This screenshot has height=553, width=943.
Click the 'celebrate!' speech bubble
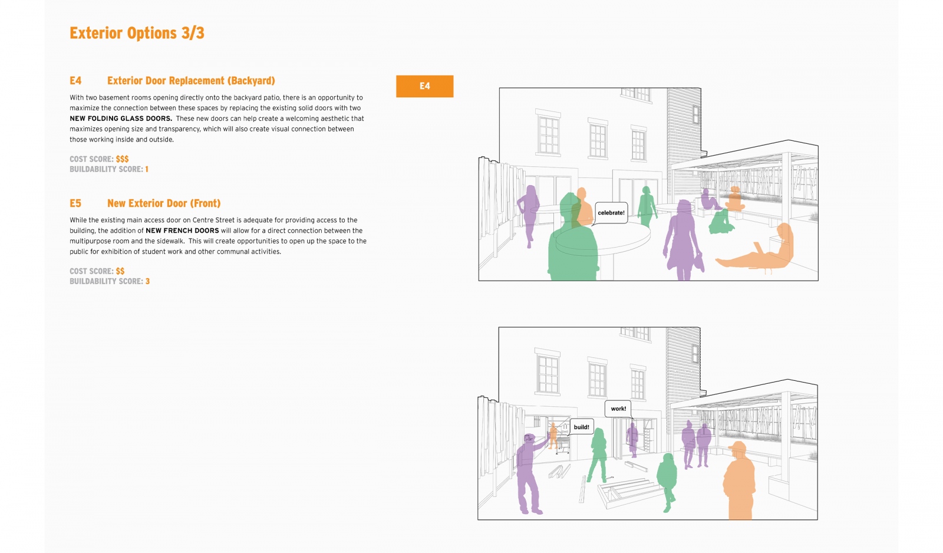pyautogui.click(x=611, y=213)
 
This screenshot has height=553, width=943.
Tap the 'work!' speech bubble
pyautogui.click(x=618, y=409)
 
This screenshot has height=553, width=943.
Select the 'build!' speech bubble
pyautogui.click(x=581, y=427)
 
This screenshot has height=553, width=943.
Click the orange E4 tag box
pyautogui.click(x=424, y=86)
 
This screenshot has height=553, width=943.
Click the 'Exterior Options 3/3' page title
pyautogui.click(x=137, y=33)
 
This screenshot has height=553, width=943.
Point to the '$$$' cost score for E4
pyautogui.click(x=122, y=159)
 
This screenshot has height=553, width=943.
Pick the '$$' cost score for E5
pyautogui.click(x=120, y=271)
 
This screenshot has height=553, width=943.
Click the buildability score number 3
pyautogui.click(x=147, y=281)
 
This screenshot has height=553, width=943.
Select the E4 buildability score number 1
pyautogui.click(x=147, y=169)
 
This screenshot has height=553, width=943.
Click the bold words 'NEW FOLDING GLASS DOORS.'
pyautogui.click(x=121, y=119)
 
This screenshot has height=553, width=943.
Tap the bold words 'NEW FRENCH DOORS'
pyautogui.click(x=182, y=231)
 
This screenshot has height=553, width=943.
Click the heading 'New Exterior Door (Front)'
pyautogui.click(x=164, y=203)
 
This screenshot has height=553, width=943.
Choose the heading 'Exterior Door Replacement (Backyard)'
pyautogui.click(x=191, y=81)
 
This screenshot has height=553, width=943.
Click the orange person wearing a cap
pyautogui.click(x=739, y=480)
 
